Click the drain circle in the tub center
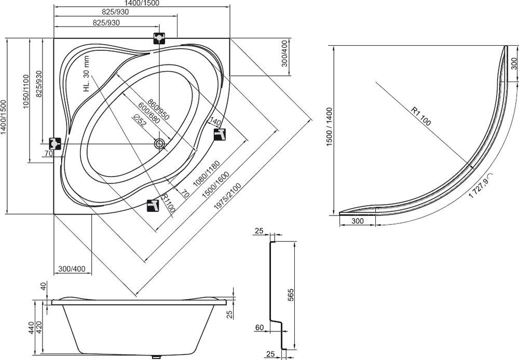click(x=159, y=143)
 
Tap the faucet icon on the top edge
click(x=159, y=38)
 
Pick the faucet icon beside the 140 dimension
click(x=220, y=134)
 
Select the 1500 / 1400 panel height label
click(x=329, y=127)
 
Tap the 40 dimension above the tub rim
click(x=44, y=286)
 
